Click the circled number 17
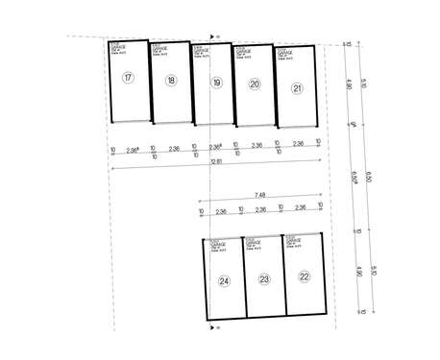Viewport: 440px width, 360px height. [128, 77]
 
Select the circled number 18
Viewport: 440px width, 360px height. [170, 81]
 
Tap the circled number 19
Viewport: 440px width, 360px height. [216, 84]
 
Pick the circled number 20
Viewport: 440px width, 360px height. [255, 84]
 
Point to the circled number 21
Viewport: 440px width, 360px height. [298, 87]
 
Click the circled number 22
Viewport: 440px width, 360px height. [305, 276]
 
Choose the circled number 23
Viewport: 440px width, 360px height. [264, 279]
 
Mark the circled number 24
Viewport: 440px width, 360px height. [224, 281]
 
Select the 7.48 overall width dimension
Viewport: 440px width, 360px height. [260, 195]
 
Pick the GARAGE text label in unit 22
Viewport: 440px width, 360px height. [295, 240]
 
